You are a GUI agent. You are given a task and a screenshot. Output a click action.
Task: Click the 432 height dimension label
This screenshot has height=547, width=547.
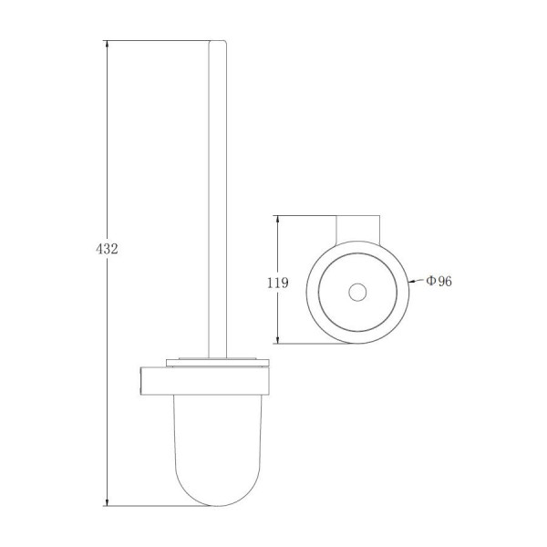(x=107, y=249)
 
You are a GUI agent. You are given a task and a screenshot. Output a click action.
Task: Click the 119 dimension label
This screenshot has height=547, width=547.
(x=278, y=283)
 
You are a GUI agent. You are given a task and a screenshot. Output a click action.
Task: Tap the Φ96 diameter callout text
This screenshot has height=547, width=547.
(x=439, y=281)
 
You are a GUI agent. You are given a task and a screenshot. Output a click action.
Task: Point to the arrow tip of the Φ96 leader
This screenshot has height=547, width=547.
(x=409, y=281)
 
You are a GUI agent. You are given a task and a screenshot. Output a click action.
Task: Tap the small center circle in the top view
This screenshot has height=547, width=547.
(x=357, y=292)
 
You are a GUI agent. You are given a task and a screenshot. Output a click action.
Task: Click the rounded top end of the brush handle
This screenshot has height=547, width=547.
(x=218, y=42)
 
